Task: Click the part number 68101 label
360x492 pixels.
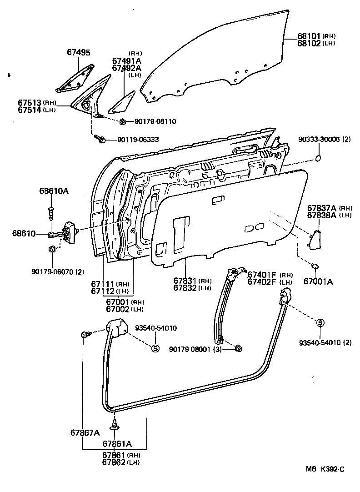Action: (310, 35)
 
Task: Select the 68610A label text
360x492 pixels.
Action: (53, 191)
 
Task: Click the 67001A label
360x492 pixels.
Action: (318, 281)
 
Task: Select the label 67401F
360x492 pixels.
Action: (261, 275)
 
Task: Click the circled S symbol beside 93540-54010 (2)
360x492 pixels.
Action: (320, 322)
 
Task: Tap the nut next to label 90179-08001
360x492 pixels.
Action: (238, 349)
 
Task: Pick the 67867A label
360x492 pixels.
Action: (85, 432)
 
